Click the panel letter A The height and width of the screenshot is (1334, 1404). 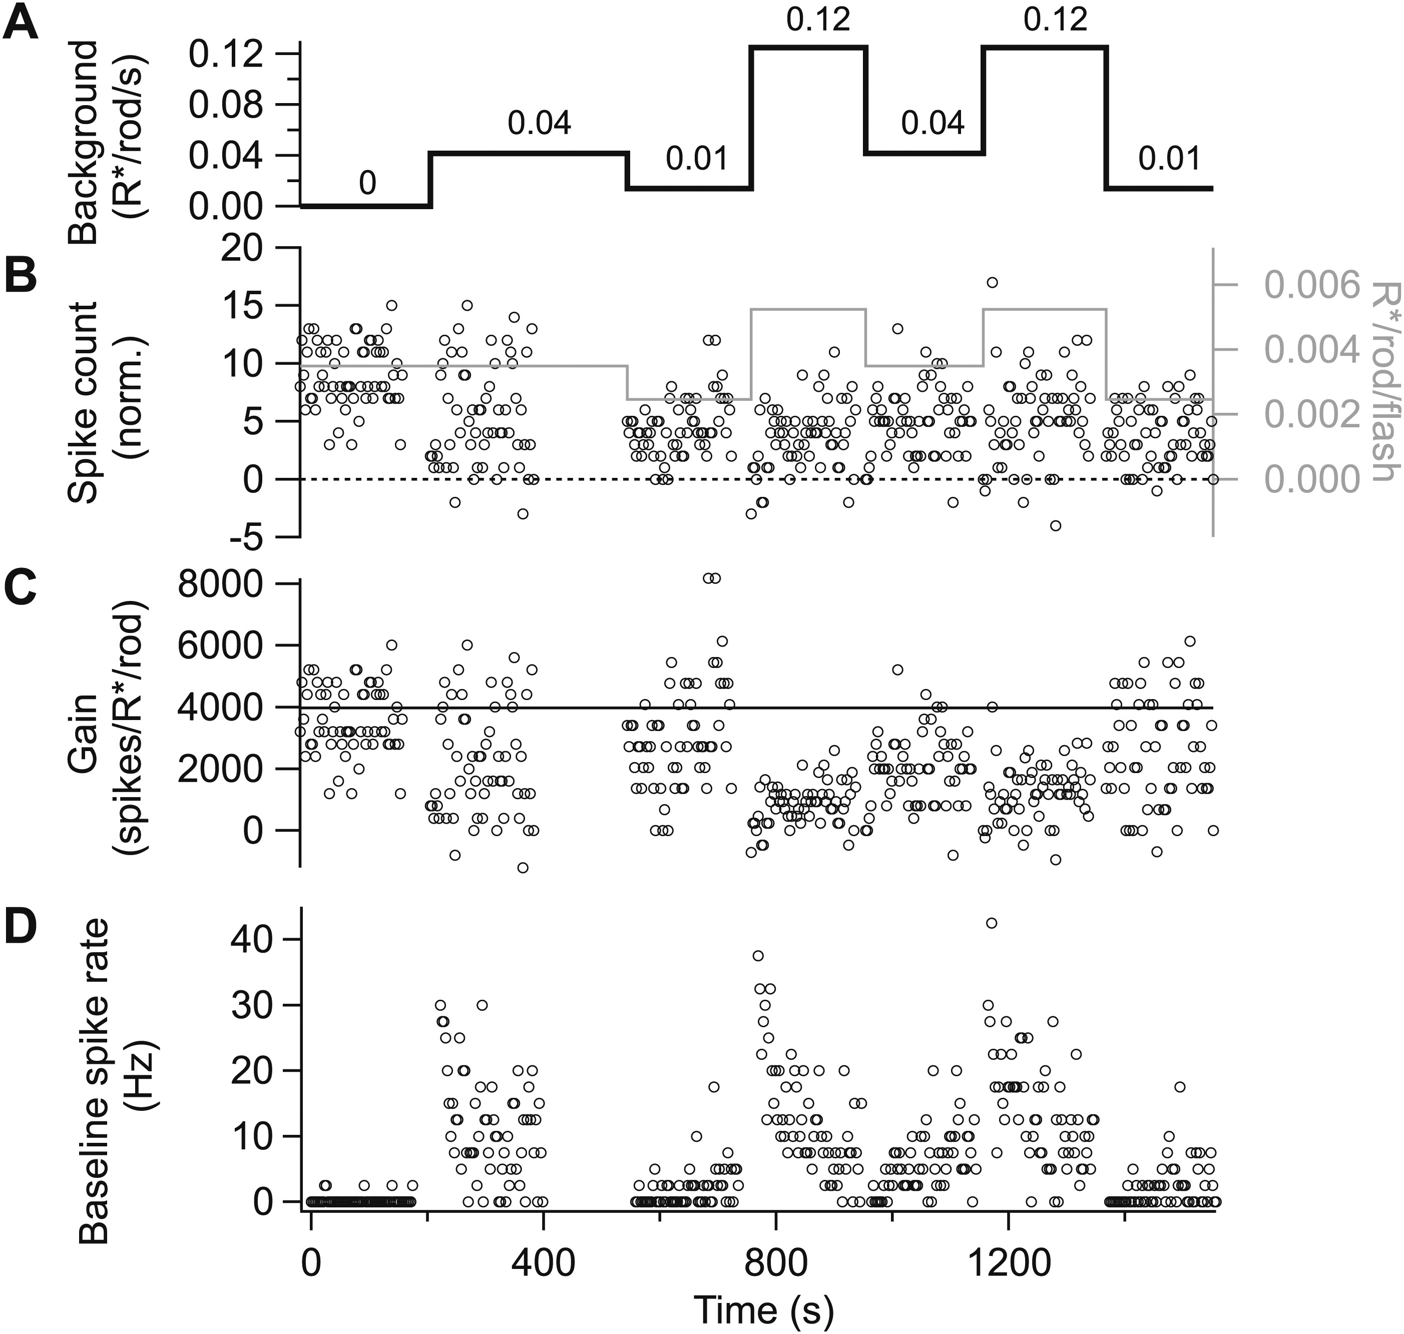22,24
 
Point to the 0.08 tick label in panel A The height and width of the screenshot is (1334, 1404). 226,105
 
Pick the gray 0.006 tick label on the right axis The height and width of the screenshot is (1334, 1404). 1312,285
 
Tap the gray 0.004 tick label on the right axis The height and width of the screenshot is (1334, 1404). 1312,350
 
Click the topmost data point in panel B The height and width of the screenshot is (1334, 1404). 992,282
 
